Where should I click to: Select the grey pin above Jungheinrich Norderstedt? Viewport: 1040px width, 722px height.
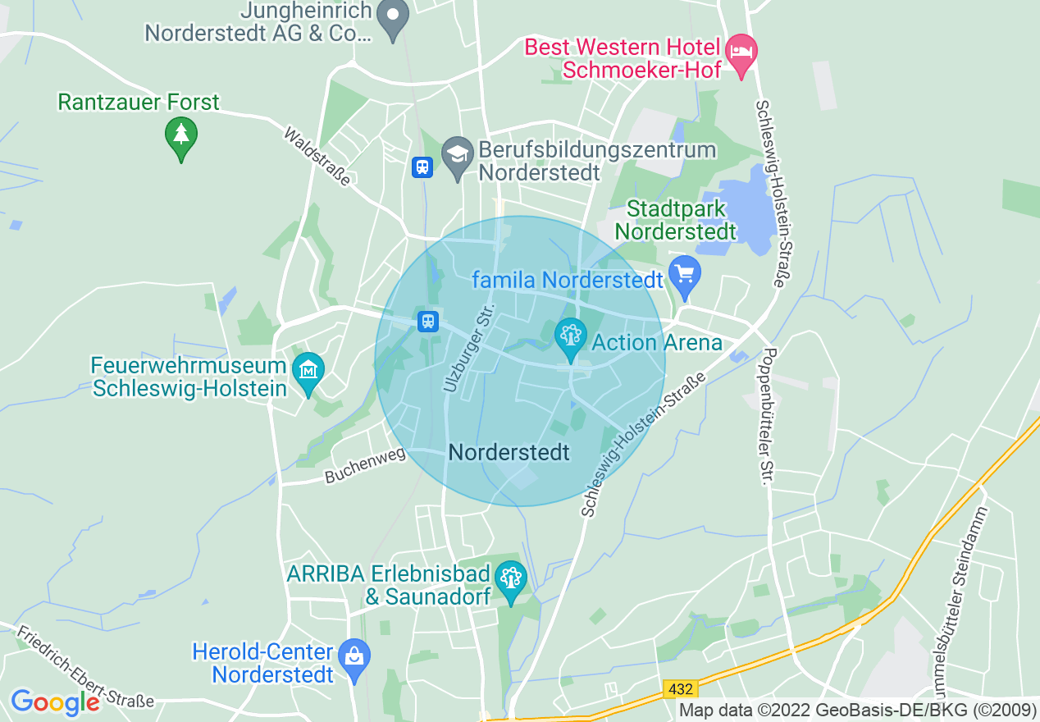tap(394, 16)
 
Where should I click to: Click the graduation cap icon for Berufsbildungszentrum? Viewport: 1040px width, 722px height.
tap(458, 153)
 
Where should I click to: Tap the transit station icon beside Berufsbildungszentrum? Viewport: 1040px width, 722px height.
tap(422, 167)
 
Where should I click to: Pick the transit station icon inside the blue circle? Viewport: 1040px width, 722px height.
tap(427, 321)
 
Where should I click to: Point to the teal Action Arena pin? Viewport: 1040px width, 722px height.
tap(569, 336)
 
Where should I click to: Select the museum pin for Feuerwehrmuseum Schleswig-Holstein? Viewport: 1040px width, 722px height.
tap(308, 372)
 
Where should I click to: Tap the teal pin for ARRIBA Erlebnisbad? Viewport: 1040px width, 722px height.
tap(512, 579)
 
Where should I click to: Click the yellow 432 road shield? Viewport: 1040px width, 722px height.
tap(680, 690)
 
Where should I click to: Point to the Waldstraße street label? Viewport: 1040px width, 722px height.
tap(317, 156)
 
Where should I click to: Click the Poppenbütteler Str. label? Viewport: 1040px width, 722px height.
tap(769, 416)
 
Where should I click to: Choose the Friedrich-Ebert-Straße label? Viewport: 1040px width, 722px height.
tap(84, 667)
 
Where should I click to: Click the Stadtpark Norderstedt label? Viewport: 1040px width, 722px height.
tap(675, 220)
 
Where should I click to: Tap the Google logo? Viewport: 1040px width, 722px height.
tap(55, 702)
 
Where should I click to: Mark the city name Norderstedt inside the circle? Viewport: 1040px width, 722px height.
tap(509, 452)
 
